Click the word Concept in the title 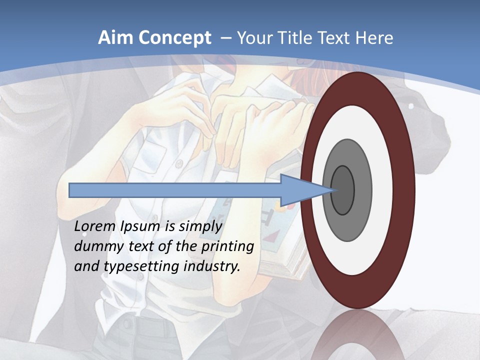[x=173, y=38]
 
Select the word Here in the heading [x=374, y=38]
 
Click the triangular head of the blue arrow [x=305, y=190]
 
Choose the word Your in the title [x=254, y=38]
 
